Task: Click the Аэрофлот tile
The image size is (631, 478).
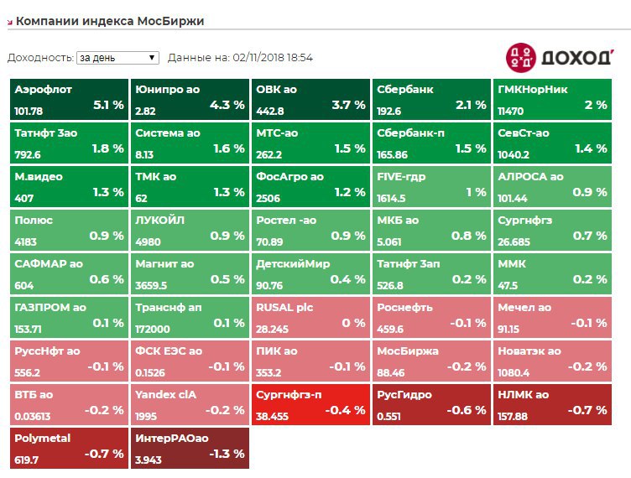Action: tap(69, 100)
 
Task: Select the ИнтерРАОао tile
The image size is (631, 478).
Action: tap(190, 448)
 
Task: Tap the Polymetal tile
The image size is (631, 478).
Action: tap(69, 448)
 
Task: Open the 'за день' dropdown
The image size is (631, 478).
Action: tap(117, 58)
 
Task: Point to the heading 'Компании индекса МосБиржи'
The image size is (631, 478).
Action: tap(110, 21)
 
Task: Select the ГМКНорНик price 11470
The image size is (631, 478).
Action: tap(511, 111)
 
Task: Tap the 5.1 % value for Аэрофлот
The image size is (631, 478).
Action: tap(108, 105)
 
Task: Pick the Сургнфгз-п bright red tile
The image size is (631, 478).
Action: tap(310, 404)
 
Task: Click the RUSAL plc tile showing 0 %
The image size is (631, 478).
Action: tap(310, 317)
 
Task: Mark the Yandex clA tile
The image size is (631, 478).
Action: tap(190, 404)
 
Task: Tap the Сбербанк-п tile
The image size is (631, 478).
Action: tap(431, 143)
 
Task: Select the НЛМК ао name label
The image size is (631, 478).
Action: tap(524, 395)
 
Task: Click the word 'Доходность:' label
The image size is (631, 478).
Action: tap(40, 58)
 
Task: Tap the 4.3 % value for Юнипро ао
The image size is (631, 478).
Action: tap(227, 105)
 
